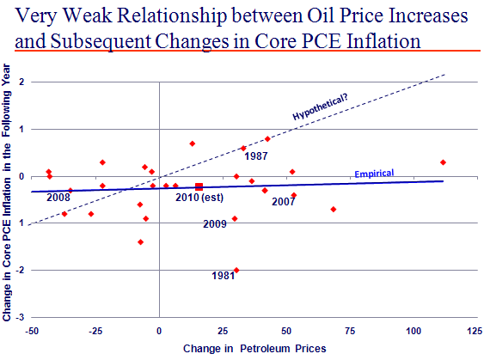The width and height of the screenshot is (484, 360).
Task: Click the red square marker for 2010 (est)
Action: (x=199, y=186)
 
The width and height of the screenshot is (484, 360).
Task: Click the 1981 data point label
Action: (x=224, y=276)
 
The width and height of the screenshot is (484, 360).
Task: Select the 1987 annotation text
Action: (x=256, y=156)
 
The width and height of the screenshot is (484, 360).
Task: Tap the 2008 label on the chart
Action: (x=58, y=197)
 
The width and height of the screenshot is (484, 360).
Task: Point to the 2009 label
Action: (x=215, y=224)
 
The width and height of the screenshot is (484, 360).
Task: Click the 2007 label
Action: (x=284, y=202)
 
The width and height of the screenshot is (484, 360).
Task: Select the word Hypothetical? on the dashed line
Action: (x=320, y=107)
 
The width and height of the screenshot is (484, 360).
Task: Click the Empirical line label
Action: (x=374, y=174)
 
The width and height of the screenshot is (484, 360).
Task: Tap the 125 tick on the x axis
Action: (x=475, y=331)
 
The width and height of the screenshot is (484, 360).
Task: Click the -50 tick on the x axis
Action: (x=32, y=331)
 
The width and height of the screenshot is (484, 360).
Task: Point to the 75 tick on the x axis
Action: (x=350, y=331)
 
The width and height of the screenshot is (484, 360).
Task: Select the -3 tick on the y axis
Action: (x=20, y=317)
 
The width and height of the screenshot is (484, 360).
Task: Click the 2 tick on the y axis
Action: (x=21, y=82)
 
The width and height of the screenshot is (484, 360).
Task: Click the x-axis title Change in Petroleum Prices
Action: (x=254, y=349)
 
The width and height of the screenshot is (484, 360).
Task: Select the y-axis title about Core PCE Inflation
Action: (x=7, y=192)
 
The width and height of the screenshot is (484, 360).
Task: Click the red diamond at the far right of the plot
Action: (x=443, y=162)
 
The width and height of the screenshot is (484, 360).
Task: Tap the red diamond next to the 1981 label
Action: (x=236, y=271)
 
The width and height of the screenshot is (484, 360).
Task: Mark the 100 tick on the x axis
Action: (x=414, y=331)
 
